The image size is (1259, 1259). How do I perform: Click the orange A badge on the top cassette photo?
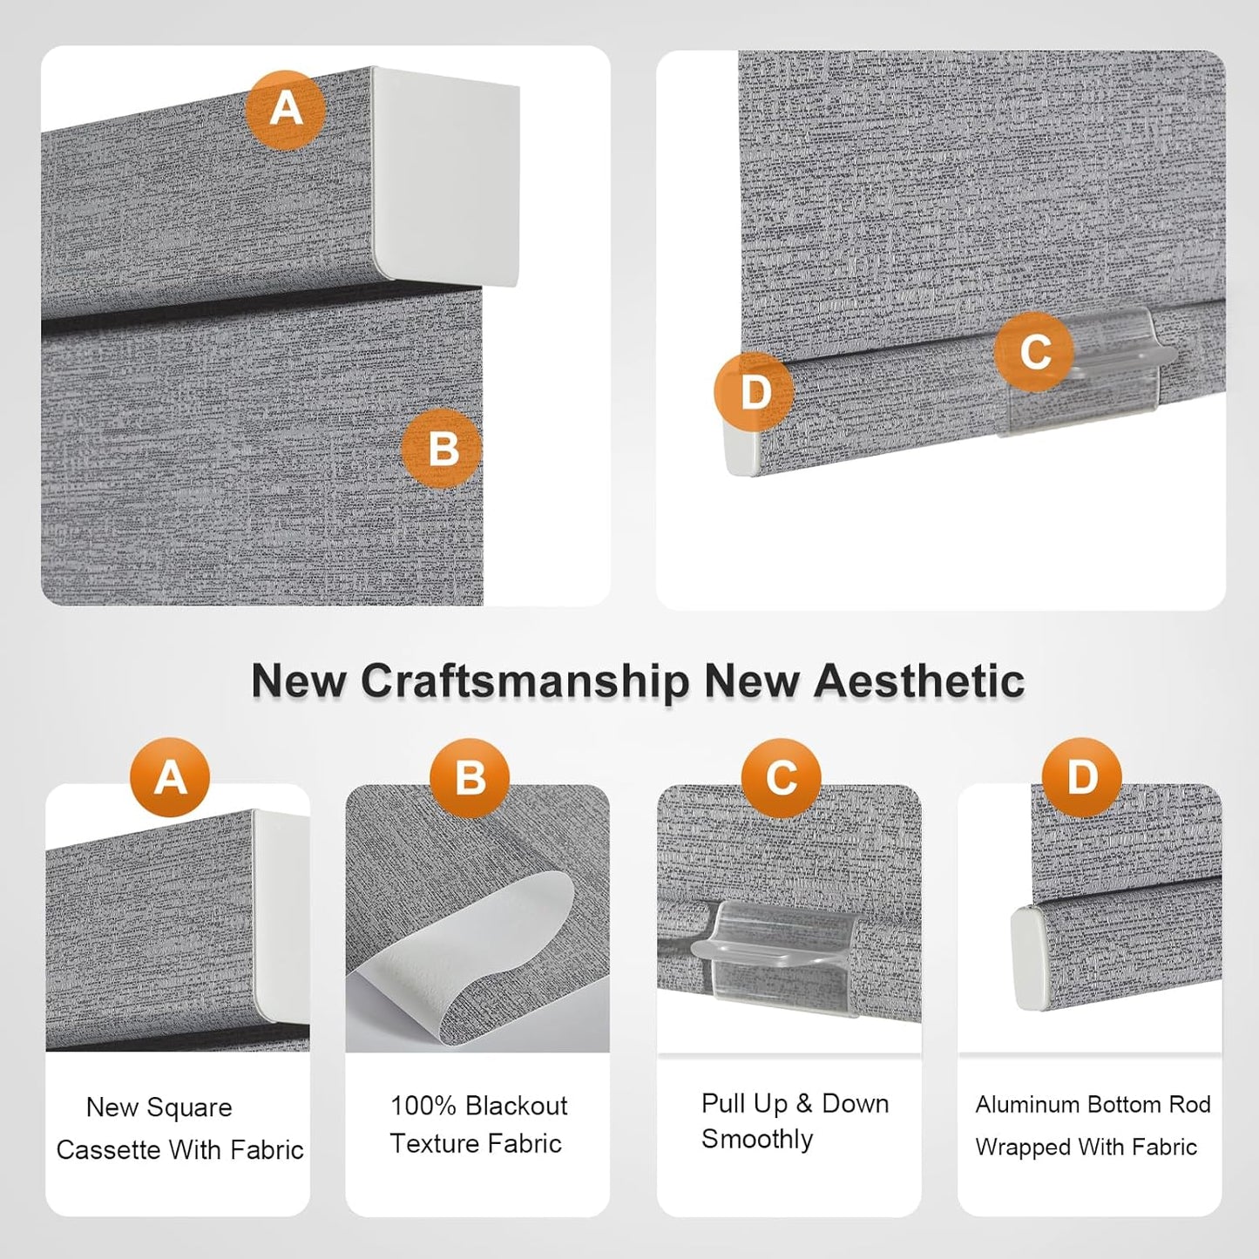pyautogui.click(x=286, y=109)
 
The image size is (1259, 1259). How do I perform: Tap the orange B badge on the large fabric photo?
pyautogui.click(x=442, y=449)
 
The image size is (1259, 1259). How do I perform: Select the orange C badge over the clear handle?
pyautogui.click(x=1034, y=351)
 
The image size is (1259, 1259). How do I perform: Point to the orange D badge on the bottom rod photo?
pyautogui.click(x=754, y=392)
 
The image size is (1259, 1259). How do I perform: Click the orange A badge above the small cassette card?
pyautogui.click(x=170, y=777)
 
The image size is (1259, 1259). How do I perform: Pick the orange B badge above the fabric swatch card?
pyautogui.click(x=470, y=778)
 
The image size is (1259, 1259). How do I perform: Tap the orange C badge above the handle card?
pyautogui.click(x=782, y=778)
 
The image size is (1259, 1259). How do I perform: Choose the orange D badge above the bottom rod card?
pyautogui.click(x=1082, y=777)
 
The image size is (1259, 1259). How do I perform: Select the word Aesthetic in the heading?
pyautogui.click(x=918, y=680)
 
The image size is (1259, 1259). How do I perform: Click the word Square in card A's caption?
pyautogui.click(x=189, y=1108)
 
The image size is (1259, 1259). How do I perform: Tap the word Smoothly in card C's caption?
pyautogui.click(x=757, y=1140)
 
